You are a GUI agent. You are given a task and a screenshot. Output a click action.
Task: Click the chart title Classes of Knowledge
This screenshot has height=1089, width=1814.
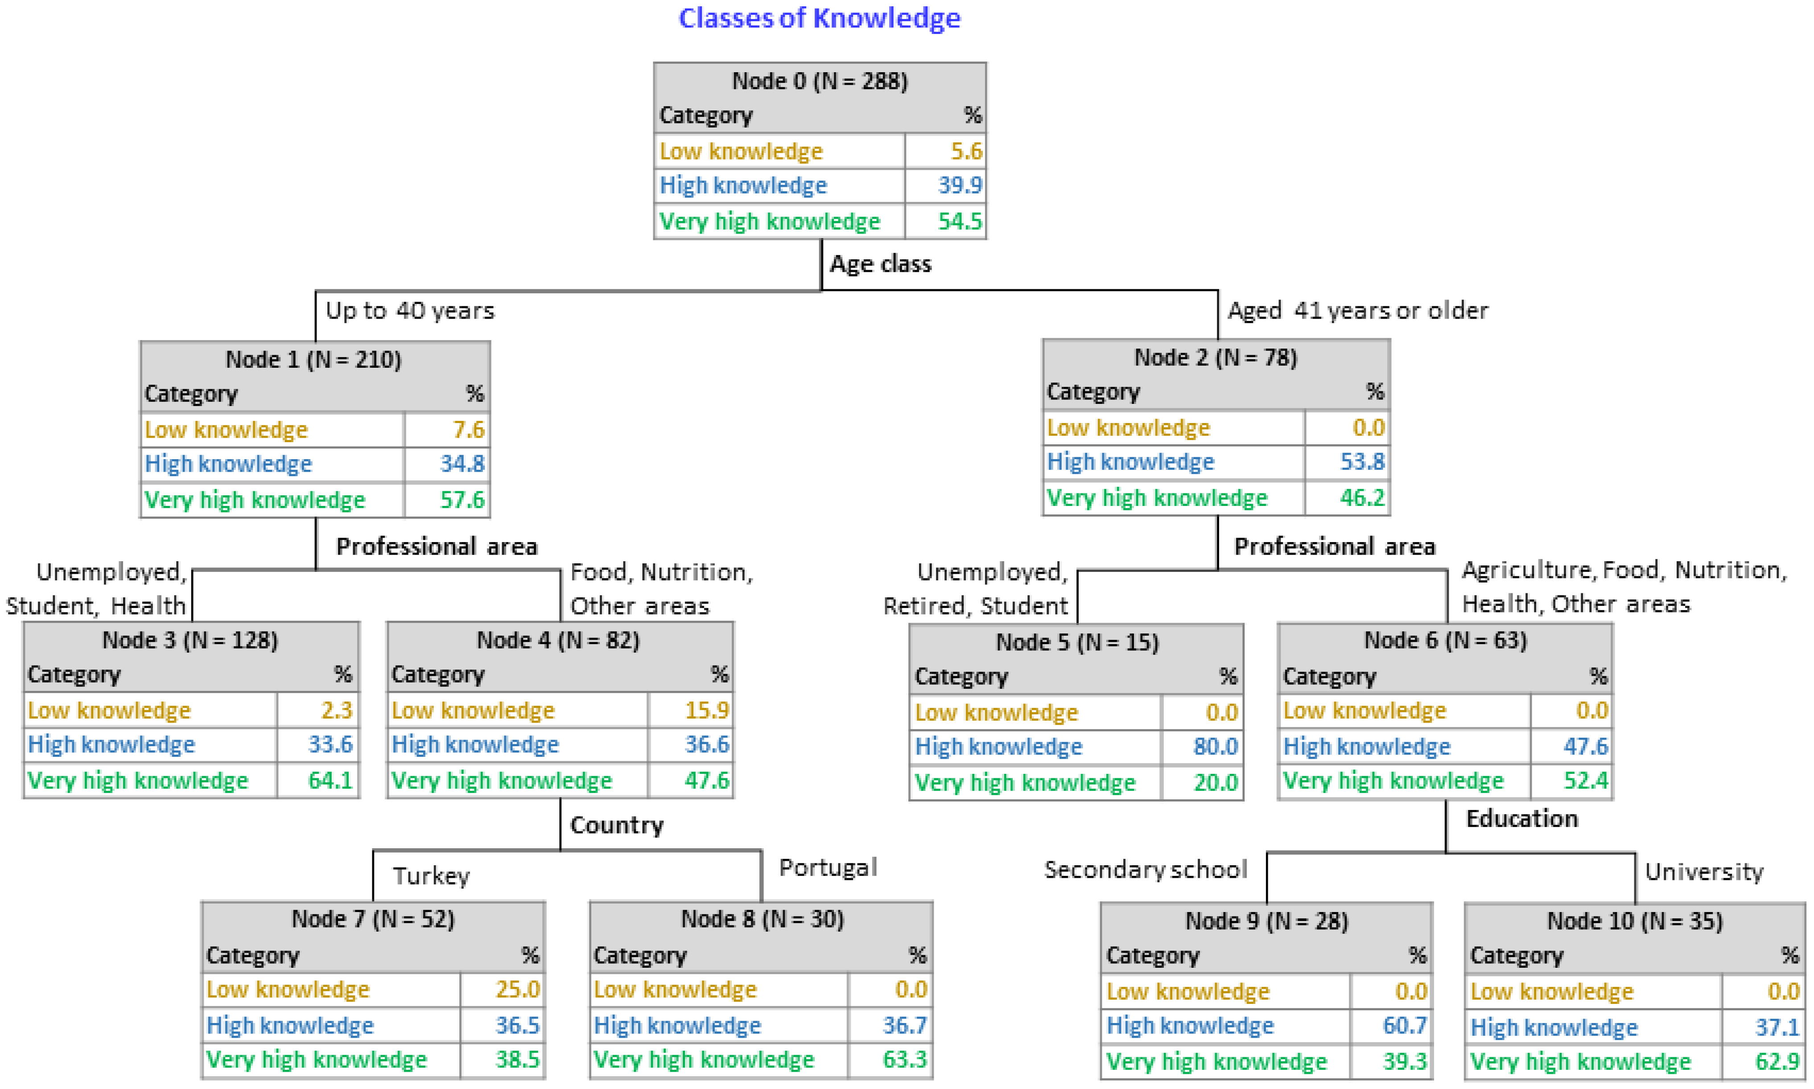819,18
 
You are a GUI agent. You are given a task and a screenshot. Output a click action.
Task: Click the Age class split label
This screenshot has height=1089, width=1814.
880,263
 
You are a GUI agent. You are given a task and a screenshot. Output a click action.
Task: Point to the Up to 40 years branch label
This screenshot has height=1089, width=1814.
410,310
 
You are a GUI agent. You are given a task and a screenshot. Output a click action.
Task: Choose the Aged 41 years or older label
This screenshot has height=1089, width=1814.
1357,310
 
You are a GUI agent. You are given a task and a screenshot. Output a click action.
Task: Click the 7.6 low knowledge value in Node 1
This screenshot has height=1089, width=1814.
468,429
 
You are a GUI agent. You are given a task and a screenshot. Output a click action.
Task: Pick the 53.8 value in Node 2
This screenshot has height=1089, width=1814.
1362,461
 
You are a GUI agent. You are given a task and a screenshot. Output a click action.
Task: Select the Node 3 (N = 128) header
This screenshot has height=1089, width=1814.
190,640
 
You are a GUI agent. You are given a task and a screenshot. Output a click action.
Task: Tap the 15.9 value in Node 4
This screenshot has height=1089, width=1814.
706,711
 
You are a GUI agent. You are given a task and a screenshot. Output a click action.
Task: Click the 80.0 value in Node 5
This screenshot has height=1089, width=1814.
1216,746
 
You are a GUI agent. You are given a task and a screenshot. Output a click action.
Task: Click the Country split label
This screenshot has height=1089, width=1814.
617,825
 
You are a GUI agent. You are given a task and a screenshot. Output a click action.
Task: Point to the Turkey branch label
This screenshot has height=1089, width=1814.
431,875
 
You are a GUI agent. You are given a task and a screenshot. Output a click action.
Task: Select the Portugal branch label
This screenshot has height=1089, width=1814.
827,867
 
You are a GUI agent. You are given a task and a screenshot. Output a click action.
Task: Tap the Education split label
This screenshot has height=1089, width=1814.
1521,818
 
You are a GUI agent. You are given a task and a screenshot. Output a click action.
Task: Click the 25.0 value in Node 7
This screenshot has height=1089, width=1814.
518,989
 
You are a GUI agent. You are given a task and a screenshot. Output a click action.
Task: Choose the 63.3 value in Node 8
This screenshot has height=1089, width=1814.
904,1060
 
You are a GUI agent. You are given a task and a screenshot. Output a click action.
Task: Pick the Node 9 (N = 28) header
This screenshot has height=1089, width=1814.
1266,921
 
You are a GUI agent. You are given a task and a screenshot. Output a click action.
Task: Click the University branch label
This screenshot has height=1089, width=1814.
1703,872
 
